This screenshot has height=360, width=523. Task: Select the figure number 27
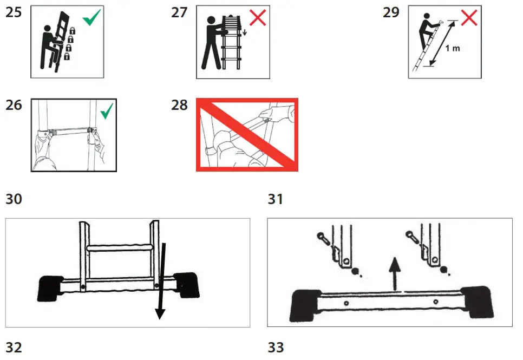click(x=179, y=12)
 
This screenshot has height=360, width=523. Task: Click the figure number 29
click(x=391, y=12)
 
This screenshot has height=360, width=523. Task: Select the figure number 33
click(x=276, y=347)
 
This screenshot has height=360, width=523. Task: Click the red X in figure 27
click(x=257, y=17)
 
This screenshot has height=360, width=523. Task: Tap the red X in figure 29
click(x=469, y=17)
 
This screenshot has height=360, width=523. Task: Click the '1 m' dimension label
click(x=452, y=48)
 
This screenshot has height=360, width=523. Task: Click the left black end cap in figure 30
click(x=50, y=287)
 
